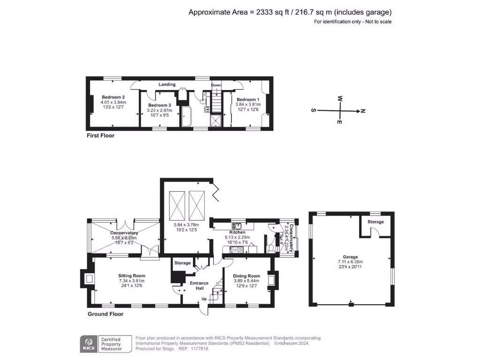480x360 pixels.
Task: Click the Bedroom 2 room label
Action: pyautogui.click(x=113, y=97)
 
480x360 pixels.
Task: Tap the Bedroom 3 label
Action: pyautogui.click(x=159, y=105)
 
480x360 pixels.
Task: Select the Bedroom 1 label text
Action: pyautogui.click(x=247, y=100)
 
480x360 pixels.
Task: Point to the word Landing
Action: pyautogui.click(x=167, y=85)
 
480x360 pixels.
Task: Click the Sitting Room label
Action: pyautogui.click(x=132, y=276)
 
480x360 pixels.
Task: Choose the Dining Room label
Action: pyautogui.click(x=247, y=276)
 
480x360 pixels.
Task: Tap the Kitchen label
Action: pyautogui.click(x=237, y=232)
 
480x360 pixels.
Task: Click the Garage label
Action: pyautogui.click(x=350, y=257)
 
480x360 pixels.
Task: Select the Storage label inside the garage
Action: pyautogui.click(x=375, y=222)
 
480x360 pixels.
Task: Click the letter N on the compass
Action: pyautogui.click(x=363, y=111)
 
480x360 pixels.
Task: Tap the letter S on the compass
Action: pyautogui.click(x=313, y=111)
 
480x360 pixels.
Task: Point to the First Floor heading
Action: pyautogui.click(x=100, y=135)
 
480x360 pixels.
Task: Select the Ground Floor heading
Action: pyautogui.click(x=105, y=314)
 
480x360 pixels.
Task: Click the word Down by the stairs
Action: pyautogui.click(x=216, y=85)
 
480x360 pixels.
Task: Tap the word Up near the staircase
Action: pyautogui.click(x=203, y=299)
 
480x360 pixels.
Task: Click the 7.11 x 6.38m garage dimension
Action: pyautogui.click(x=350, y=262)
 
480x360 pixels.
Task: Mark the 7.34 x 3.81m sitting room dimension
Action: pyautogui.click(x=132, y=281)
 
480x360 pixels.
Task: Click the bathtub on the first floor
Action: pyautogui.click(x=187, y=116)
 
